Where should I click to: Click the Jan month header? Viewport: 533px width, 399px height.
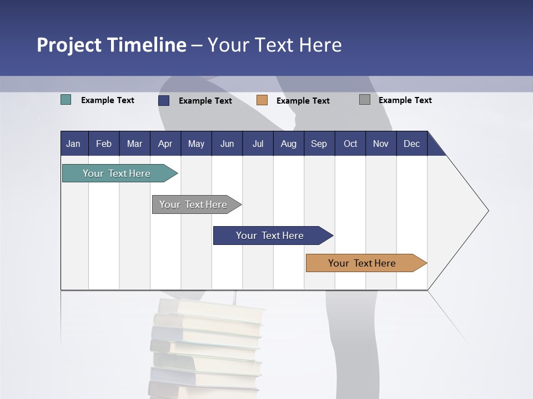[73, 144]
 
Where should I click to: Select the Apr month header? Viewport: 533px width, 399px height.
[165, 144]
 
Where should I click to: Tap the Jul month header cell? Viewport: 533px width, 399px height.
[258, 144]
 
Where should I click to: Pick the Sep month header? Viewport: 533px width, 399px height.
[319, 144]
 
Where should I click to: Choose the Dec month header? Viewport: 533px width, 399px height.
[411, 144]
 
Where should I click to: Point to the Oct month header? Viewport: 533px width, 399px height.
[350, 144]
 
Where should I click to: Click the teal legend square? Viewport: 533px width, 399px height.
[66, 100]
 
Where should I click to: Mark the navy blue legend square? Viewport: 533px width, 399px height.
[163, 100]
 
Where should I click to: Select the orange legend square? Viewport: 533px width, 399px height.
[262, 100]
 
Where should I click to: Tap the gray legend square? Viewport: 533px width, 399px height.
[364, 100]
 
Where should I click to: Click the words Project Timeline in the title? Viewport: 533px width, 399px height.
[111, 45]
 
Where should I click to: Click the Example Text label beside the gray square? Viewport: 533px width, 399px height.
[405, 100]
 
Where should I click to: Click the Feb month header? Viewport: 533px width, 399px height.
[104, 144]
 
